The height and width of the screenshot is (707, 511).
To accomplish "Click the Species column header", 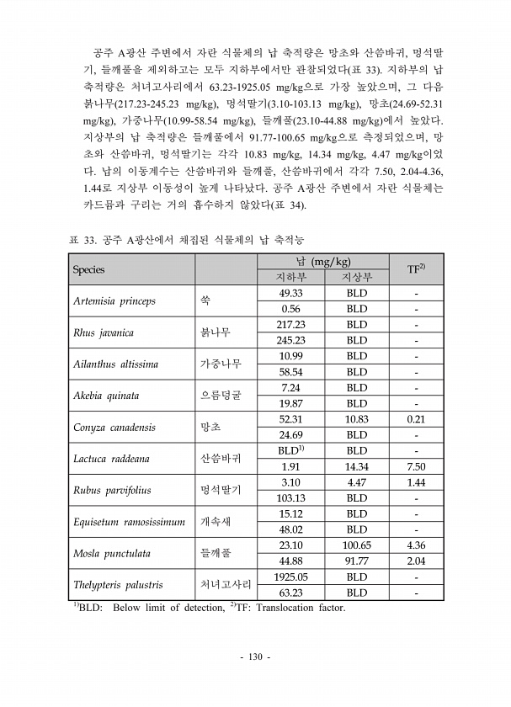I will tap(88, 269).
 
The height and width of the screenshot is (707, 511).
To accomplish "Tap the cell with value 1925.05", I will tap(290, 577).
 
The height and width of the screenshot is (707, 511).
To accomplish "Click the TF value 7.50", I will tap(415, 466).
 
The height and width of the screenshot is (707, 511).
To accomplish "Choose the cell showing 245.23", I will tap(290, 340).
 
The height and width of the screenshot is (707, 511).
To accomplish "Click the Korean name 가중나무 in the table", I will tap(221, 364).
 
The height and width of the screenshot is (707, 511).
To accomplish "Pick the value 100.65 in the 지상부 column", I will tap(357, 545).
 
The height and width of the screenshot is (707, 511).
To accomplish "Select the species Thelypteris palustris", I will tap(119, 585).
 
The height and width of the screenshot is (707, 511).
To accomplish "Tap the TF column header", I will tap(415, 269).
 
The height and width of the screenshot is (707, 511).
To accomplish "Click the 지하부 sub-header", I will tap(290, 277).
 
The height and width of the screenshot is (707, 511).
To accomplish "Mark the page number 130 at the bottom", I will tap(255, 656).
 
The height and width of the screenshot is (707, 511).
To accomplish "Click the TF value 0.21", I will tap(415, 419).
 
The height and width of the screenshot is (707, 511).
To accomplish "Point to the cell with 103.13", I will tap(290, 497).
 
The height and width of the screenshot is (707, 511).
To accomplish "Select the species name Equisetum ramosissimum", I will tap(129, 522).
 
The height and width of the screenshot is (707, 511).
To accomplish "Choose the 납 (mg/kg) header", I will tap(324, 262).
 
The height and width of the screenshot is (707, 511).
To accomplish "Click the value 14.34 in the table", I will tap(357, 466).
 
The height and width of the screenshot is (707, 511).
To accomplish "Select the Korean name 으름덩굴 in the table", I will tap(221, 396).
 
